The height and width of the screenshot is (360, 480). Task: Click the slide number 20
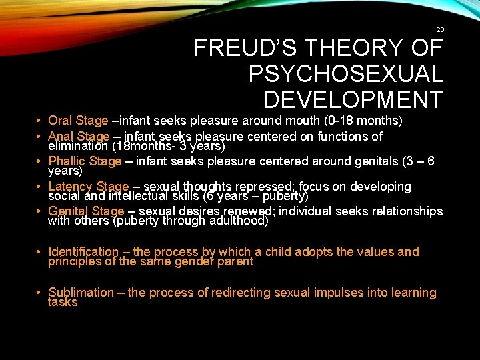(x=439, y=29)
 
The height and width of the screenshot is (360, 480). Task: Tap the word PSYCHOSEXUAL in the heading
(x=345, y=74)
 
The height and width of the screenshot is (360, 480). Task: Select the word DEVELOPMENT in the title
(x=353, y=99)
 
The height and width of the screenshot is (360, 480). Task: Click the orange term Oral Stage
(x=78, y=121)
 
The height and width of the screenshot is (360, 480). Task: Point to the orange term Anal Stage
(x=79, y=136)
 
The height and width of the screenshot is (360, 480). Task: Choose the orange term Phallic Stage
(x=85, y=161)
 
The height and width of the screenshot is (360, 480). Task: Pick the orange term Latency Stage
(x=88, y=186)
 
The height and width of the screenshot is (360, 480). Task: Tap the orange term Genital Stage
(x=86, y=211)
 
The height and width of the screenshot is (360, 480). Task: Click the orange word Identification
(x=83, y=252)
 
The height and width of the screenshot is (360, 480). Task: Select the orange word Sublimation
(x=81, y=293)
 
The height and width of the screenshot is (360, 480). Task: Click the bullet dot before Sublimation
(x=41, y=293)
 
